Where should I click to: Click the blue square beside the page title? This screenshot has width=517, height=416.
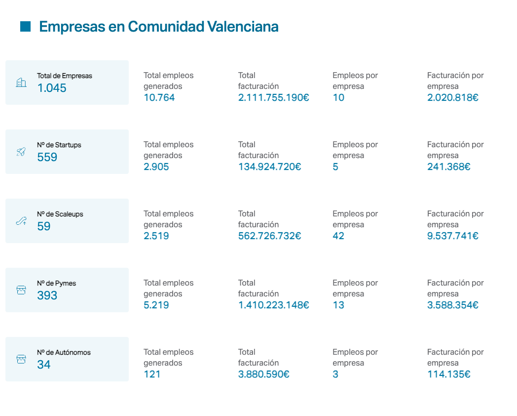[x=26, y=27]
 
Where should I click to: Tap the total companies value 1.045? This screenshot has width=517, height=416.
[x=52, y=88]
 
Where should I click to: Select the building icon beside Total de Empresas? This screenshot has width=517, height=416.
[x=21, y=83]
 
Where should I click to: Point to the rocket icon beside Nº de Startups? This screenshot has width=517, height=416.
[x=21, y=152]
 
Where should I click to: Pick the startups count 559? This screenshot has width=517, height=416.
[x=47, y=158]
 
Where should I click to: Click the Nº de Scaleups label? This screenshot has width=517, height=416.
[x=60, y=214]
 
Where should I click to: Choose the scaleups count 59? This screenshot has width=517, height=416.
[x=44, y=227]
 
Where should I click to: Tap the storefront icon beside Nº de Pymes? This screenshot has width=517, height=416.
[x=21, y=290]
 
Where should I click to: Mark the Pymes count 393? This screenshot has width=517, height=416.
[x=47, y=296]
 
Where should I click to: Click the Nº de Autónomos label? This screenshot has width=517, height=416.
[x=64, y=353]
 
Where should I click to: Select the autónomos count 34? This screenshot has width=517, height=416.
[x=44, y=365]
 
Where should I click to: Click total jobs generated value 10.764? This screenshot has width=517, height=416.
[x=159, y=98]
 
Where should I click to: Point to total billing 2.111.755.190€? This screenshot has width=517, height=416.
[x=274, y=98]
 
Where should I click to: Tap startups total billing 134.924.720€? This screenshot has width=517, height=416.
[x=270, y=167]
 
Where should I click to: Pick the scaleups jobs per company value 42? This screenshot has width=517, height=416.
[x=338, y=236]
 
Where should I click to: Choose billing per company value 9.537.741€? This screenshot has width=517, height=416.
[x=453, y=236]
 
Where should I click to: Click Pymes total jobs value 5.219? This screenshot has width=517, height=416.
[x=156, y=305]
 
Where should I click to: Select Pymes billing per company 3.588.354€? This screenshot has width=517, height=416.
[x=453, y=305]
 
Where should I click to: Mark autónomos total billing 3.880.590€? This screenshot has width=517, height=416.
[x=264, y=374]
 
